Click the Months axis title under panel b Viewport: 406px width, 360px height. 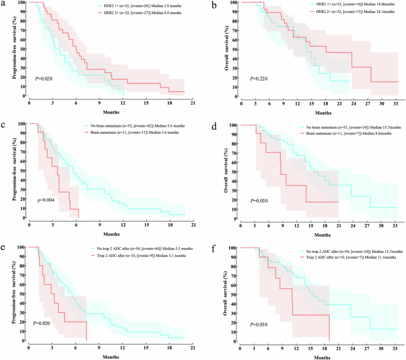pyautogui.click(x=323, y=112)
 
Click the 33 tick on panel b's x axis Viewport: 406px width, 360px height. pyautogui.click(x=396, y=103)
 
